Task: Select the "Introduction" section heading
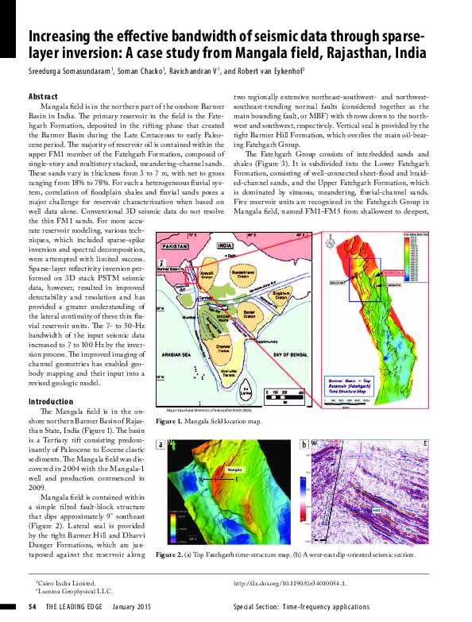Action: click(51, 402)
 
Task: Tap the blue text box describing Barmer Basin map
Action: click(359, 388)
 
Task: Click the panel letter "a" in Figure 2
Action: click(161, 445)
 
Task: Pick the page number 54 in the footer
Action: click(33, 606)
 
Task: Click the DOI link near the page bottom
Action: click(289, 582)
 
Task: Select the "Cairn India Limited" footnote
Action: click(65, 582)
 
